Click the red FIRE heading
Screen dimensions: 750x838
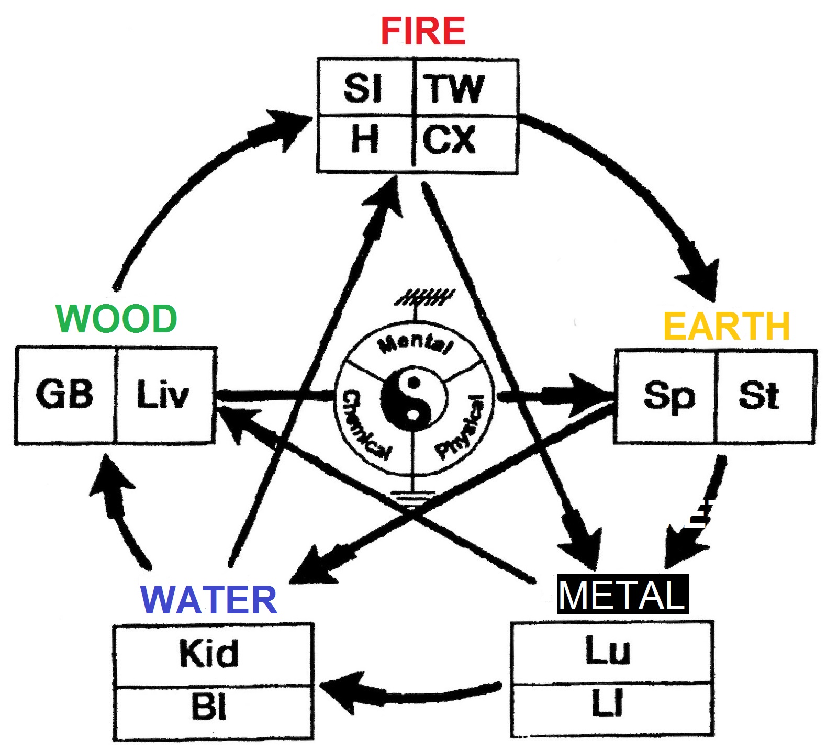coord(423,31)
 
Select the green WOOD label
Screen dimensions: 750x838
coord(116,319)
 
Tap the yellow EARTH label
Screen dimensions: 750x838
coord(726,326)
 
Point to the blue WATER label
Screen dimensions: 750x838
coord(209,600)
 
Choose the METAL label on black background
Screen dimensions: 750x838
coord(623,595)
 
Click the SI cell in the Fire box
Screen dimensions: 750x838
coord(363,88)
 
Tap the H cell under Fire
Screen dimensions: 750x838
coord(364,140)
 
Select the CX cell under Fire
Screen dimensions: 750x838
coord(449,140)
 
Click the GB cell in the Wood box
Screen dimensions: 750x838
coord(64,394)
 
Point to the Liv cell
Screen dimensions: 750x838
coord(162,395)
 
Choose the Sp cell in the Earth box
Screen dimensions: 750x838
coord(669,396)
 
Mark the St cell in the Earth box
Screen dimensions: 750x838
coord(758,396)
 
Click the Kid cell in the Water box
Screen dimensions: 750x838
coord(209,653)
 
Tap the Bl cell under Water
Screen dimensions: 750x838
coord(209,707)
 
